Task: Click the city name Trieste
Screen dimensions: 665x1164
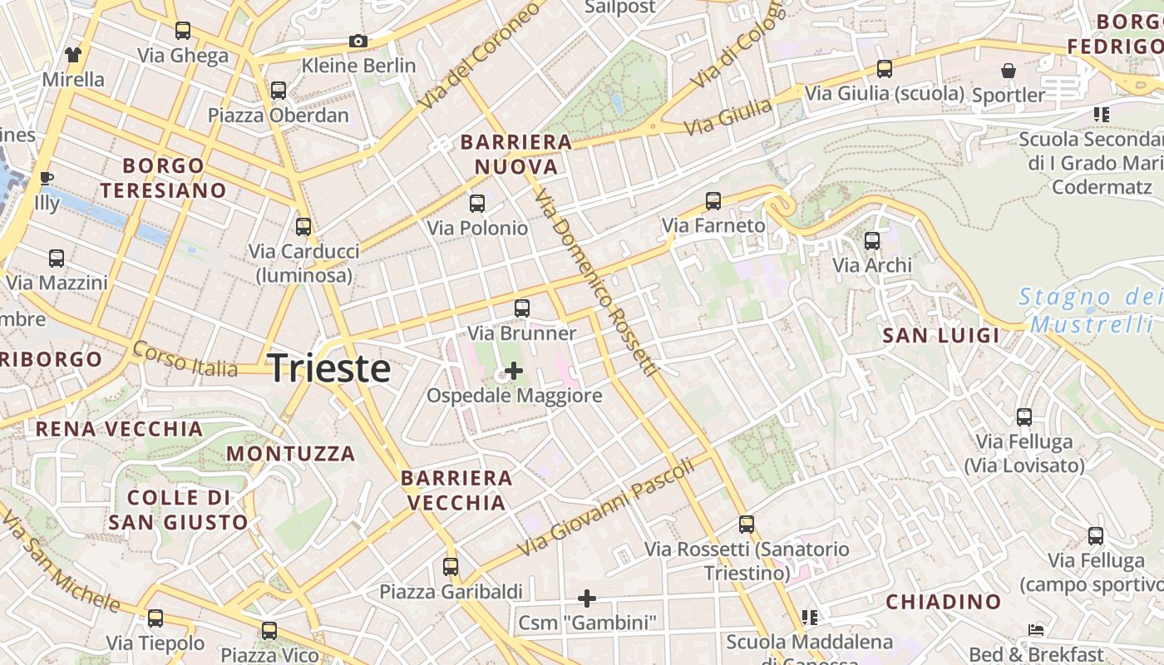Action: [329, 368]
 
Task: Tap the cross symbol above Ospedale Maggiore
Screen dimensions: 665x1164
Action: [514, 371]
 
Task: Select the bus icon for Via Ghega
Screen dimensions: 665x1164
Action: [183, 32]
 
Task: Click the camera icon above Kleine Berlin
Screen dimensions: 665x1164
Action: [358, 41]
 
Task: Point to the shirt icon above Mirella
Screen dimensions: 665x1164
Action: [73, 55]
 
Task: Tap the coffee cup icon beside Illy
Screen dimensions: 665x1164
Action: [47, 179]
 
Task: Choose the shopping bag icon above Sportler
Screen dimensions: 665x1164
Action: [1008, 71]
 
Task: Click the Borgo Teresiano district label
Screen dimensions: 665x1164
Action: [163, 178]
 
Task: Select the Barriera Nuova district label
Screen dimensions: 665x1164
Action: [516, 154]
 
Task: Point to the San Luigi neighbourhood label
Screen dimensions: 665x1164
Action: [941, 336]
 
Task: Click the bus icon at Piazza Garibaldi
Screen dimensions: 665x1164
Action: [451, 567]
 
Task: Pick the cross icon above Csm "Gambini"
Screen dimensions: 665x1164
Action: [587, 598]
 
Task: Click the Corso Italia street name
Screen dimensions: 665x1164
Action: [185, 359]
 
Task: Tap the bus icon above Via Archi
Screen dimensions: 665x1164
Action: [872, 241]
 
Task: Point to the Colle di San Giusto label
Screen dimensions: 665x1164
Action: [178, 510]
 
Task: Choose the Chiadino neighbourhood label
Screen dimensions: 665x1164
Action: [943, 602]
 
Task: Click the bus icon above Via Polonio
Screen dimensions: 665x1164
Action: [477, 204]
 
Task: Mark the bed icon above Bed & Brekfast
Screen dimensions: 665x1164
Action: [1036, 630]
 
